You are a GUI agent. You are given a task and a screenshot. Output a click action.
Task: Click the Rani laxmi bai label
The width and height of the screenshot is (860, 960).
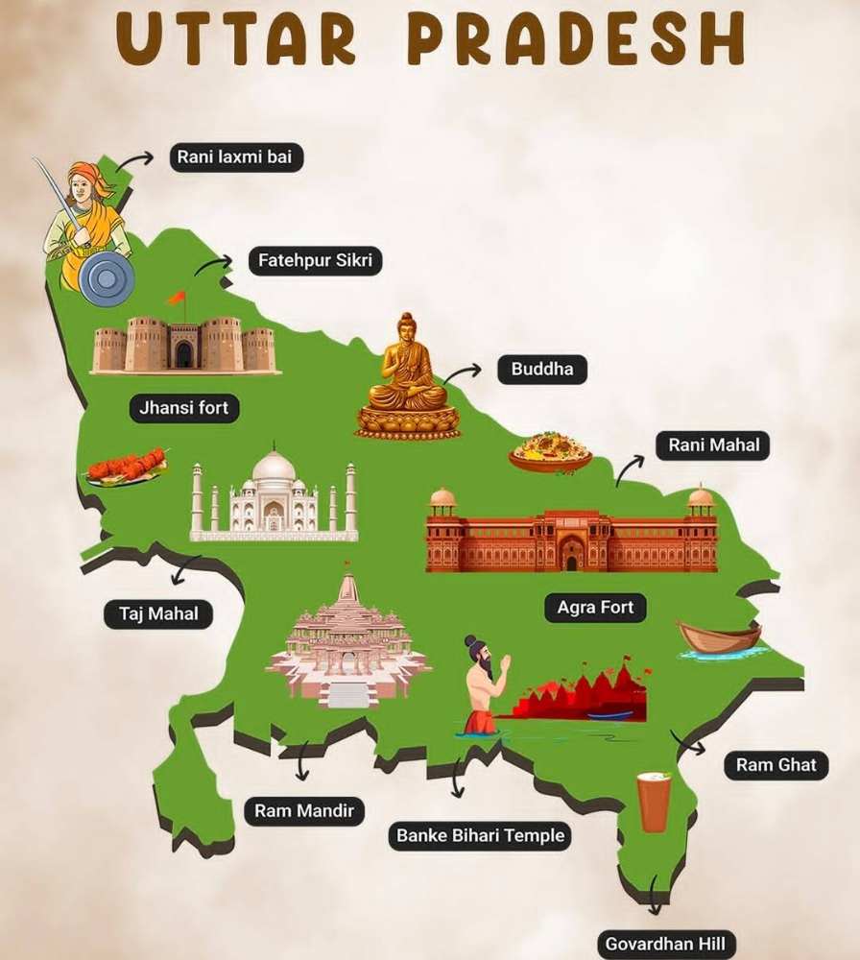pos(236,157)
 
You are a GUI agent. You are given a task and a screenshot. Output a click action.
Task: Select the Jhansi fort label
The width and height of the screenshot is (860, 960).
pos(183,408)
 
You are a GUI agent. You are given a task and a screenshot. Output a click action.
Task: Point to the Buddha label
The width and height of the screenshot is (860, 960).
pos(541,369)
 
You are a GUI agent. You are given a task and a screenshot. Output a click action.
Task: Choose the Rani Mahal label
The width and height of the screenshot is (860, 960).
pos(713,445)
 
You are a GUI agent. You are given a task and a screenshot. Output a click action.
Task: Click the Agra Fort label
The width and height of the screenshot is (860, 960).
pos(595,608)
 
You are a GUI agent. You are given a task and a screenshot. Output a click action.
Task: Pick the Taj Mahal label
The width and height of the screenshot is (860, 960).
pos(158,613)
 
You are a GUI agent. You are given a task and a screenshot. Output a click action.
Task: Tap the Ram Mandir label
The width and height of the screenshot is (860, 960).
pos(303,811)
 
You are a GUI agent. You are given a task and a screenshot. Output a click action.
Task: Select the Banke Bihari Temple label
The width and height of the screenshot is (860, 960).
pos(480,835)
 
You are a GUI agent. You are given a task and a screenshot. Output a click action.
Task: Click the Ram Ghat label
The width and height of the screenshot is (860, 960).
pos(776,765)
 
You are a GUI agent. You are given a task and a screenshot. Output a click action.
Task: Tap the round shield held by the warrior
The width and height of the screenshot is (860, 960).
pos(107,278)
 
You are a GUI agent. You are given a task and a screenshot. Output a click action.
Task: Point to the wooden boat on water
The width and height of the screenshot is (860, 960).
pos(720,637)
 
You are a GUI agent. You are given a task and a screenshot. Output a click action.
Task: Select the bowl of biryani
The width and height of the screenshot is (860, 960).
pos(550,451)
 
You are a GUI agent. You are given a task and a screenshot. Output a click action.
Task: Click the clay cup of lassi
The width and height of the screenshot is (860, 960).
pos(654,802)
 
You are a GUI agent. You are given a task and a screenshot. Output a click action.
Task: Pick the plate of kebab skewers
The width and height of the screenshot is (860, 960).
pos(127,468)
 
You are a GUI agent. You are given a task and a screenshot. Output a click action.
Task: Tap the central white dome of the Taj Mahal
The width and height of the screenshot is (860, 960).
pos(274,468)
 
